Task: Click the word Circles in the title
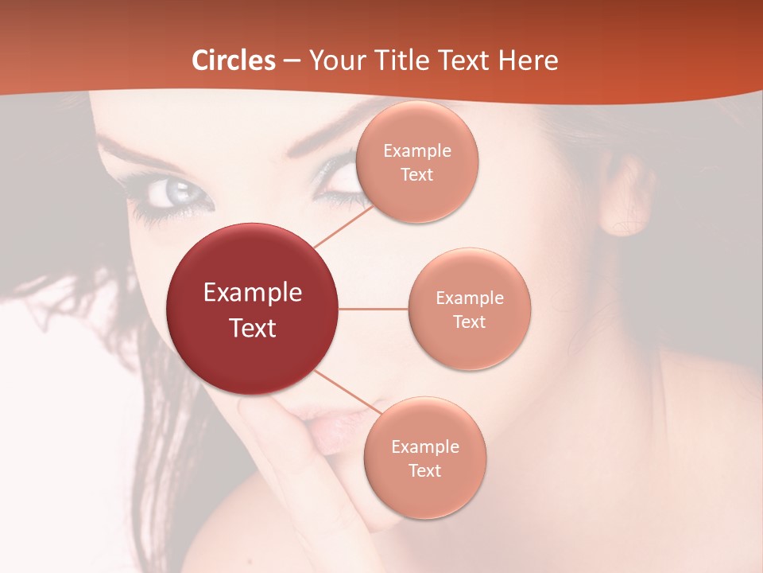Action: coord(234,60)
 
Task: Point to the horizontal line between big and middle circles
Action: coord(374,309)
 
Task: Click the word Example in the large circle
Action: coord(253,293)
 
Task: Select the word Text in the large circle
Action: coord(253,328)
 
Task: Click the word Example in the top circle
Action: coord(417,151)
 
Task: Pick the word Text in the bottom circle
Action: coord(424,470)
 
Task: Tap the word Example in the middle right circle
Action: coord(470,298)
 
